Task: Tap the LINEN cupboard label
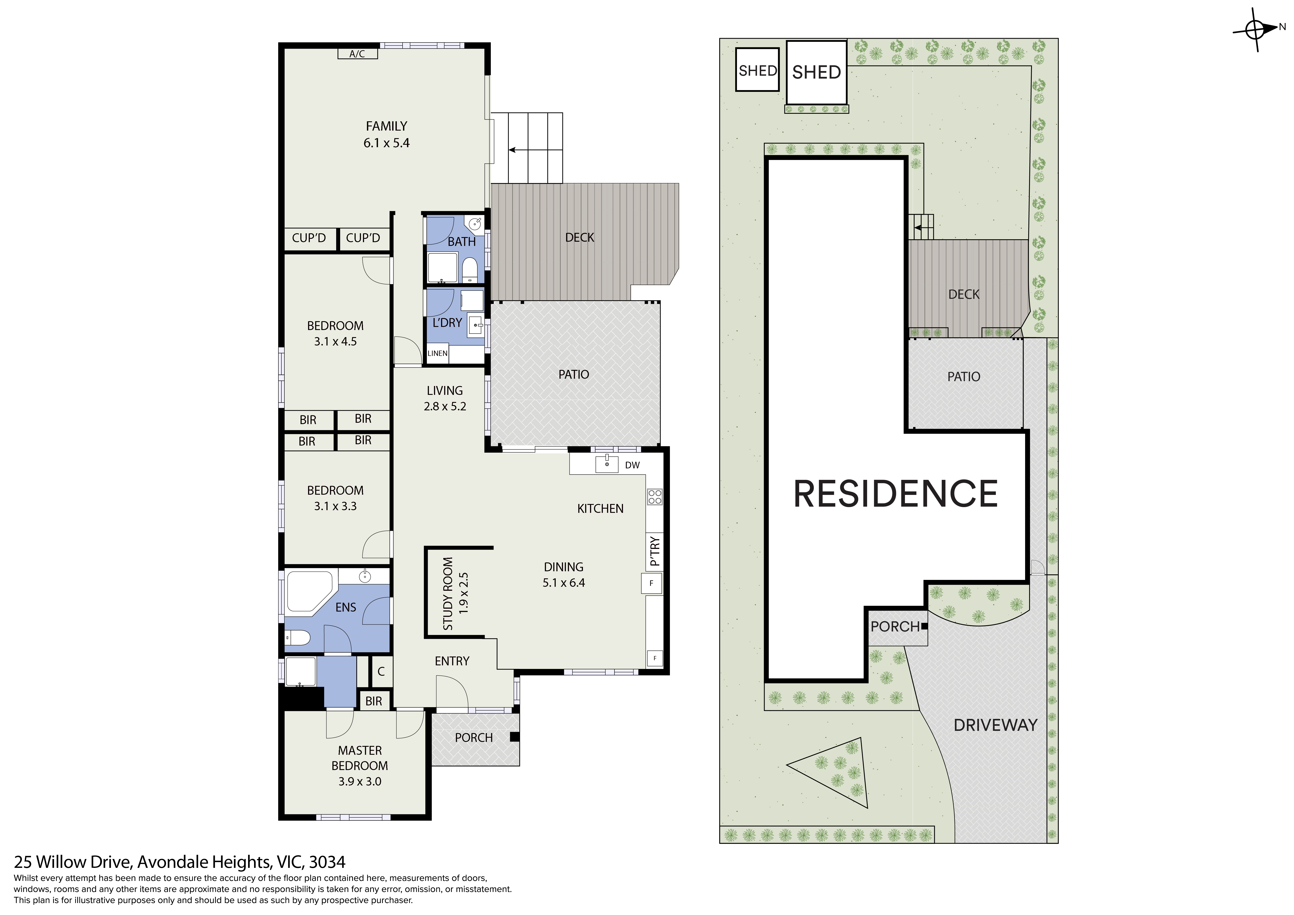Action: (437, 353)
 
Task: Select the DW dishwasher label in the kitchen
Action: (632, 465)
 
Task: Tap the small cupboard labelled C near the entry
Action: (381, 672)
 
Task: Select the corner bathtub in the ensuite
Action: (310, 592)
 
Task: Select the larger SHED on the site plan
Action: (817, 72)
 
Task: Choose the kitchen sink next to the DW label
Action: (607, 464)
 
